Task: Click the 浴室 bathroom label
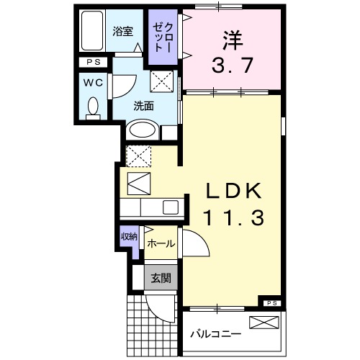pos(123,32)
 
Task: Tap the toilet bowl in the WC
pos(91,108)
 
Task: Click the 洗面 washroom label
pos(143,106)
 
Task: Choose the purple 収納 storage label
pos(128,236)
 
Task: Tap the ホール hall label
pos(160,244)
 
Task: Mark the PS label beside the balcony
pos(271,303)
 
